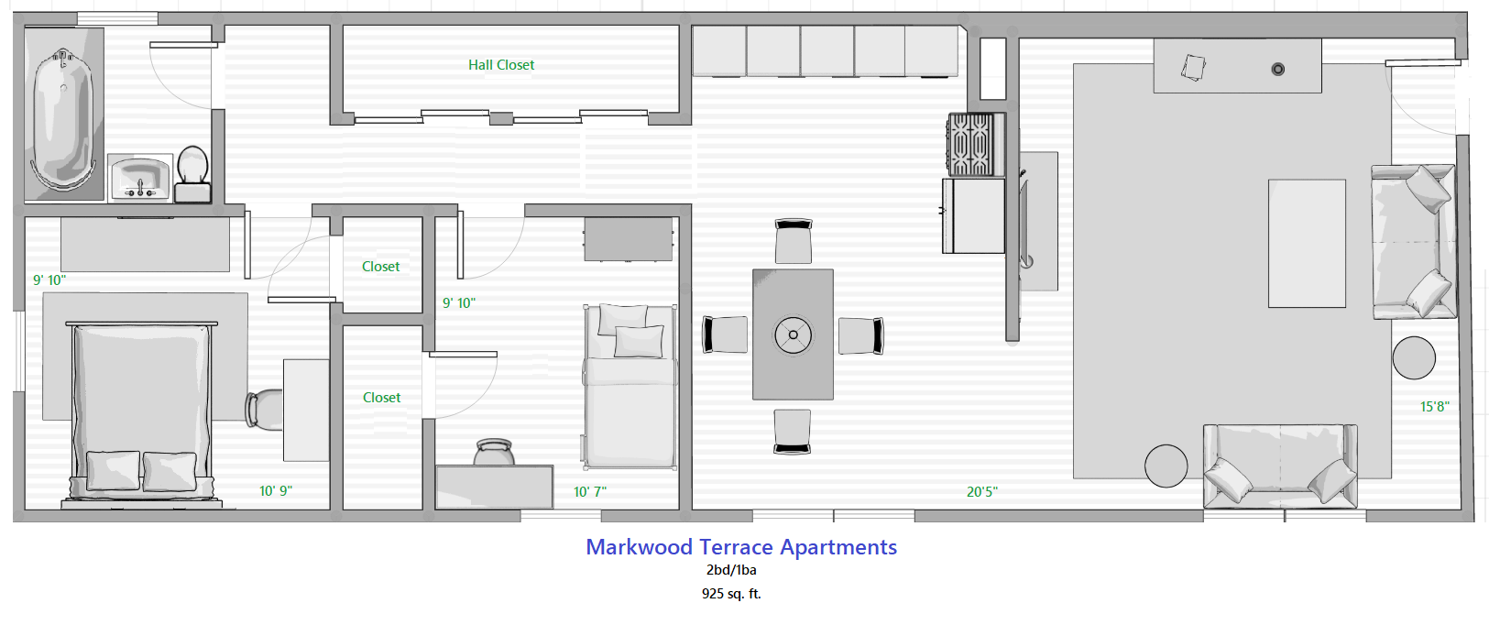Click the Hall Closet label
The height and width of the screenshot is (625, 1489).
pos(501,65)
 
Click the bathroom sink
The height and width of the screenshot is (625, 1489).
pos(139,176)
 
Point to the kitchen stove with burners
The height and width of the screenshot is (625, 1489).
pos(971,144)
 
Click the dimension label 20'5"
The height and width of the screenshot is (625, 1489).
pos(981,492)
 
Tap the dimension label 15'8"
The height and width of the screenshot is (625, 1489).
pos(1434,407)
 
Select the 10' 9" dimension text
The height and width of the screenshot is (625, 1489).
pos(275,491)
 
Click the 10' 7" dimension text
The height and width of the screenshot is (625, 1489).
pos(589,492)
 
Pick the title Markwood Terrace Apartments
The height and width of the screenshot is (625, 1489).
pos(741,547)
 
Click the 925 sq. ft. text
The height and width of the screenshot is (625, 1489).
pos(731,594)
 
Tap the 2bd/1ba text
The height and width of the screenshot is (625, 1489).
pos(731,570)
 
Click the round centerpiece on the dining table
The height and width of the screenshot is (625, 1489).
pos(793,334)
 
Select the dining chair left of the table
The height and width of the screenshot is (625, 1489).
pos(725,334)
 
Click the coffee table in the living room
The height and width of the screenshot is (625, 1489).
pos(1307,243)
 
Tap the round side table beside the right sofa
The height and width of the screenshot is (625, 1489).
pos(1414,357)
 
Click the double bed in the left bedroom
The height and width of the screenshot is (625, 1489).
pos(141,408)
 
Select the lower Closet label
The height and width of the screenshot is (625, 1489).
pos(381,398)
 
